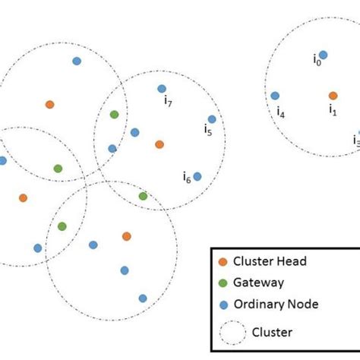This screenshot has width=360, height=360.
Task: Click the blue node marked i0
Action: click(323, 55)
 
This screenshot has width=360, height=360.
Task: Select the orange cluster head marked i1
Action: click(333, 96)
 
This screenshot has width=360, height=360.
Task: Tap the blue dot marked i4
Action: click(275, 96)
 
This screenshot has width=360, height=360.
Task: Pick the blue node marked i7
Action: click(162, 89)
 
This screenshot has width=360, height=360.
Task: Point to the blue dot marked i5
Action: click(212, 118)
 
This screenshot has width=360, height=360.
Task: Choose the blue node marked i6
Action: click(197, 176)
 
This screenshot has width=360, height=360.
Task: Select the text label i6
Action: click(186, 178)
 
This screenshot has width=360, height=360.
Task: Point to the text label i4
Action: click(281, 114)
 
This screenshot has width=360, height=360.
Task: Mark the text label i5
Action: click(207, 130)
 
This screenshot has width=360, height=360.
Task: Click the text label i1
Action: click(332, 110)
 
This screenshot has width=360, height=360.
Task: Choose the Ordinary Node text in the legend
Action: click(276, 305)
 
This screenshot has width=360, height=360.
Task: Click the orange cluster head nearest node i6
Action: click(159, 144)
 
